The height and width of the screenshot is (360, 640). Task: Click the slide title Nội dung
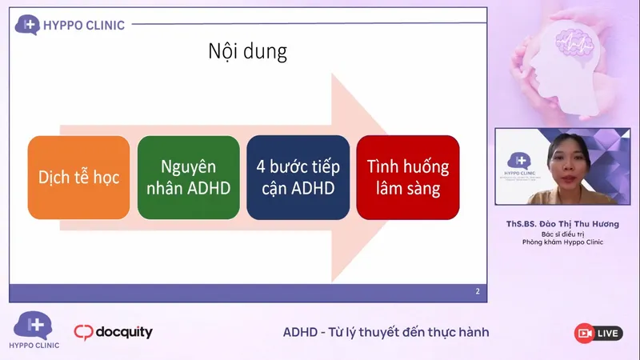247,52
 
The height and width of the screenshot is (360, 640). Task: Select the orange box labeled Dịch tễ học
78,178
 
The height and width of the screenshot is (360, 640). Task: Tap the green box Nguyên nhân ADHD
188,178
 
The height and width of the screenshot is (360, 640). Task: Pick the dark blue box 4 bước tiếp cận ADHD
298,178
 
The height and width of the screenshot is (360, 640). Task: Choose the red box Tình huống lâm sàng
407,178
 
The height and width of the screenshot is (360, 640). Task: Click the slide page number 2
478,291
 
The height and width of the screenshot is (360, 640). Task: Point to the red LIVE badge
598,333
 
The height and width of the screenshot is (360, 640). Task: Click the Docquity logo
113,331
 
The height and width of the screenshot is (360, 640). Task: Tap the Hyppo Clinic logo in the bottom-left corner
34,330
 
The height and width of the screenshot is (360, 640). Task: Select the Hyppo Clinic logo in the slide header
70,25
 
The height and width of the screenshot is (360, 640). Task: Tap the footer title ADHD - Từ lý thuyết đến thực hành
386,332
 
